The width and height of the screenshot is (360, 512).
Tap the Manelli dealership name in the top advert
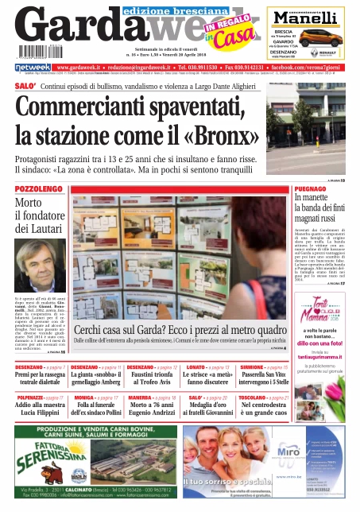coord(311,18)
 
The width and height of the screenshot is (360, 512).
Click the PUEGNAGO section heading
coord(311,188)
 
